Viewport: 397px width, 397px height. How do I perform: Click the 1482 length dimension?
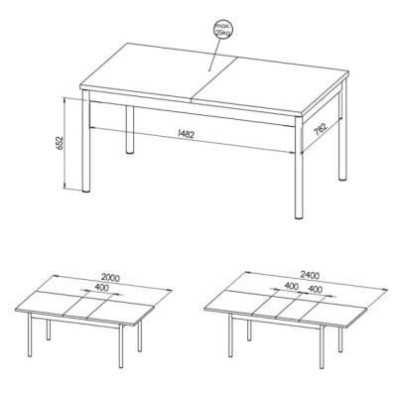(x=187, y=134)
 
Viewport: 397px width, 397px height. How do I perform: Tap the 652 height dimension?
(x=60, y=143)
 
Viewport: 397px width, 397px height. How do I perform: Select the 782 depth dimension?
(x=321, y=129)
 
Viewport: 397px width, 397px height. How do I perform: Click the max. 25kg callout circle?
(x=223, y=29)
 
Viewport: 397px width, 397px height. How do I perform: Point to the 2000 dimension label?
(x=110, y=277)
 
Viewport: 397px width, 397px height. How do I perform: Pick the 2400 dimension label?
(x=310, y=275)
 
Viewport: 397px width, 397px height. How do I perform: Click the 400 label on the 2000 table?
(x=101, y=288)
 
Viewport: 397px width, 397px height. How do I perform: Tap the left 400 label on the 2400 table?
(x=292, y=286)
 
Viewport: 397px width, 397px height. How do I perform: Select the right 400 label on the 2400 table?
(x=315, y=289)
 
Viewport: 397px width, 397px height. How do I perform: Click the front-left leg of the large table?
(x=86, y=141)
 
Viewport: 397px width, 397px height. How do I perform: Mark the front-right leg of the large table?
(x=299, y=168)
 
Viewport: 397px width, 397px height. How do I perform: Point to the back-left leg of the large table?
(x=130, y=130)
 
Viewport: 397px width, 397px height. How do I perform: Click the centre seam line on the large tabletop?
(x=213, y=78)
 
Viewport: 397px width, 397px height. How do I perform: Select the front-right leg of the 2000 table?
(x=121, y=345)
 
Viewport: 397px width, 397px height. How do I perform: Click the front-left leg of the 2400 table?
(x=230, y=334)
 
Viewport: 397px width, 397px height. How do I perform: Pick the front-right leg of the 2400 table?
(x=322, y=346)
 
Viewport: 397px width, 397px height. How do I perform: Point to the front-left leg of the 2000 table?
(x=30, y=334)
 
